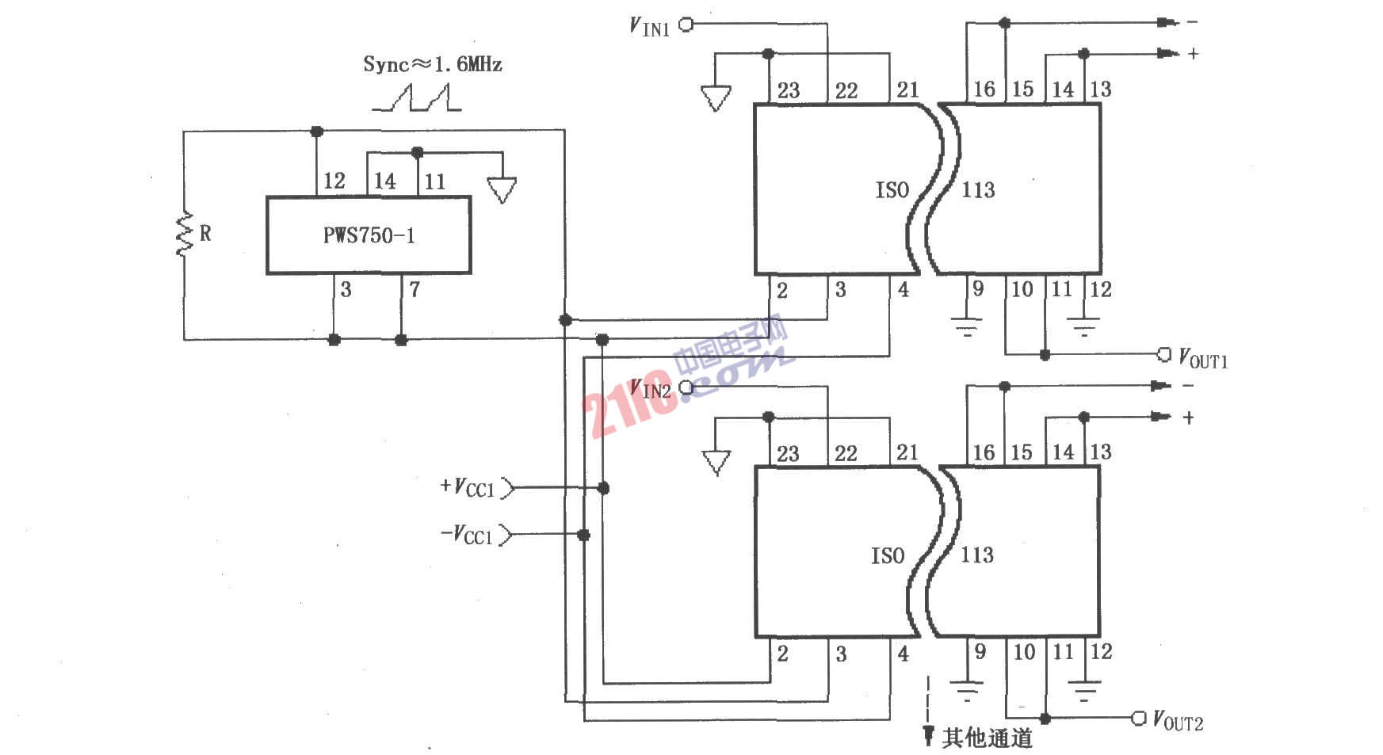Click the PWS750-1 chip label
[x=369, y=235]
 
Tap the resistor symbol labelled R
[x=185, y=234]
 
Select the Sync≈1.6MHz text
[x=433, y=64]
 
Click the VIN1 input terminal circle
[x=686, y=25]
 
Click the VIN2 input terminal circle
[x=686, y=388]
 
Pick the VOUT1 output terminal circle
[x=1163, y=354]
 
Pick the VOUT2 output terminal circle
[x=1138, y=718]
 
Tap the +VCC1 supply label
[x=468, y=487]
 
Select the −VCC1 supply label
[x=468, y=534]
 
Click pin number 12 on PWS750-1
[x=334, y=181]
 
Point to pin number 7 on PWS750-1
[x=415, y=289]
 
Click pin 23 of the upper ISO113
[x=788, y=90]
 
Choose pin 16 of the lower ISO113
[x=984, y=452]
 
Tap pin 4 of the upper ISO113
[x=903, y=289]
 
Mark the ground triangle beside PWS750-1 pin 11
[x=502, y=189]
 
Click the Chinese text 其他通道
[x=988, y=738]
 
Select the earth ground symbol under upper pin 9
[x=967, y=326]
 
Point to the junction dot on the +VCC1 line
[x=603, y=488]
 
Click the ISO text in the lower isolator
[x=888, y=555]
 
